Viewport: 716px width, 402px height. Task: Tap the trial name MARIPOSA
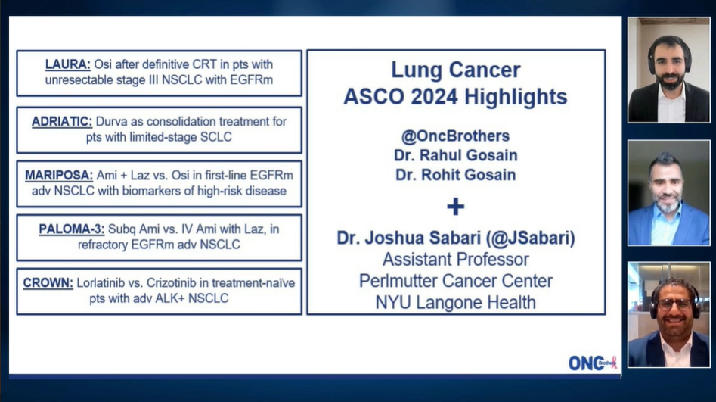(58, 176)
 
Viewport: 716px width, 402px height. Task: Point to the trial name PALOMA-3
(72, 229)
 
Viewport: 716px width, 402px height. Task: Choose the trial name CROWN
(48, 283)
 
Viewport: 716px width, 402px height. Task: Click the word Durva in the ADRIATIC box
(114, 121)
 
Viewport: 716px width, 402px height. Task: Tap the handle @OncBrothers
(455, 136)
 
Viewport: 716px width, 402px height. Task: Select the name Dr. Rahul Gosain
(455, 155)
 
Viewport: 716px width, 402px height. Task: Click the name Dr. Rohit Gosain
(455, 174)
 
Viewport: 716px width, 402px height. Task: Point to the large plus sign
(455, 206)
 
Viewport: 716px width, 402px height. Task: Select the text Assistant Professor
(455, 260)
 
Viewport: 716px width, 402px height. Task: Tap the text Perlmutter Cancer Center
(455, 281)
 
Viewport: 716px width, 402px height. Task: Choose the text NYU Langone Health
(455, 302)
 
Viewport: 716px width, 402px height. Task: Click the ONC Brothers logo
(593, 363)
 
